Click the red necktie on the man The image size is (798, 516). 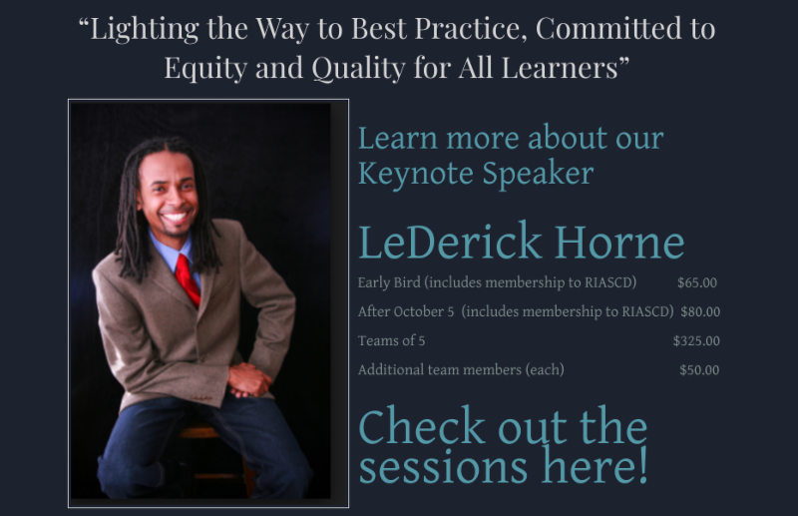187,277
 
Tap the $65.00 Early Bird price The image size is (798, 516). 697,283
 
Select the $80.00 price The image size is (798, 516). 700,312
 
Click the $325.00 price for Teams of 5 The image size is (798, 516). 696,341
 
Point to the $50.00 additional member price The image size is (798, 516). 699,370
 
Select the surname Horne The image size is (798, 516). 619,243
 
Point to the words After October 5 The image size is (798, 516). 406,312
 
